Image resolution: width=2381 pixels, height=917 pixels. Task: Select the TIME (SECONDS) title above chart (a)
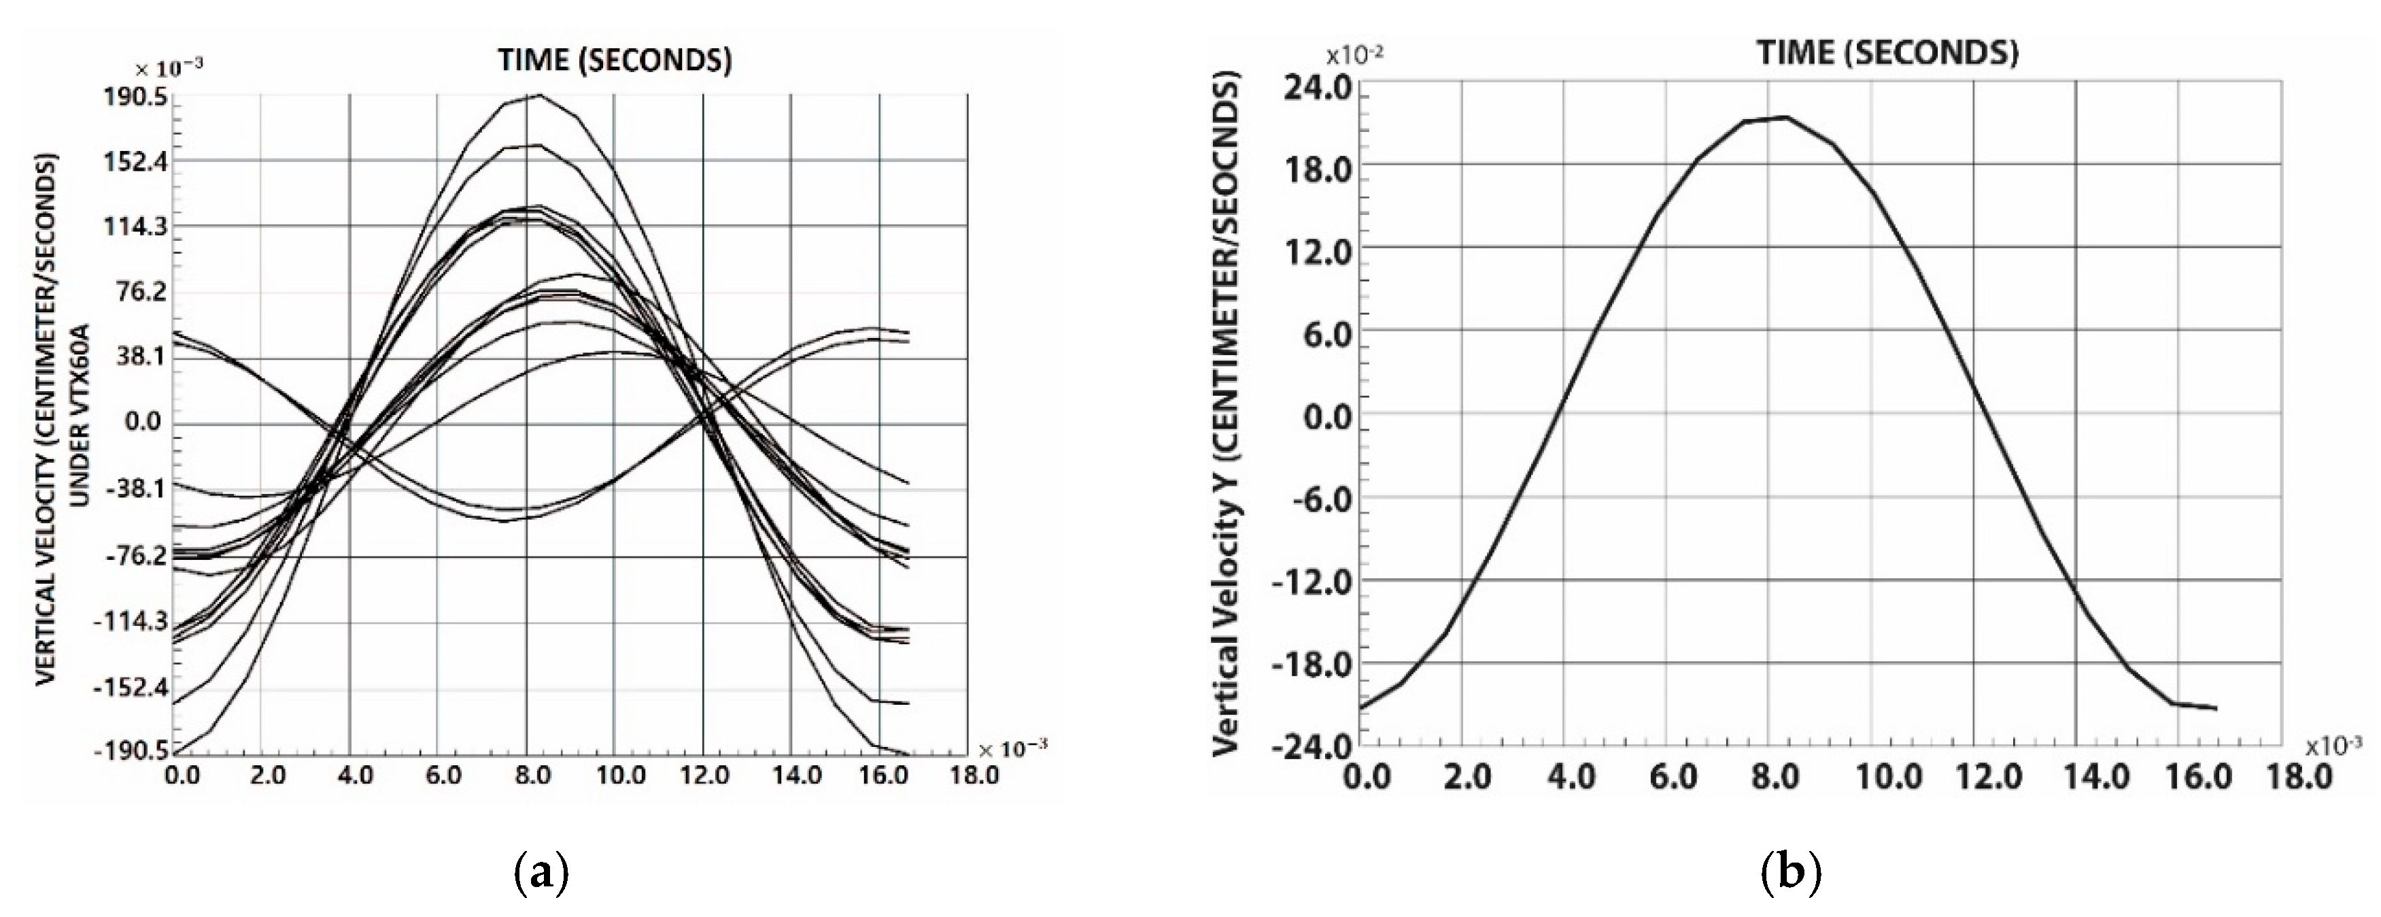pos(615,61)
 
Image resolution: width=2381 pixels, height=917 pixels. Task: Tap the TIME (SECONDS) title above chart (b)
pos(1887,54)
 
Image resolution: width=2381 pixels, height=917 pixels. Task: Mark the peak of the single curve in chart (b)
pos(1785,118)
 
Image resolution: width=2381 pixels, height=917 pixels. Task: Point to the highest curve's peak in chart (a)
pos(540,95)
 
